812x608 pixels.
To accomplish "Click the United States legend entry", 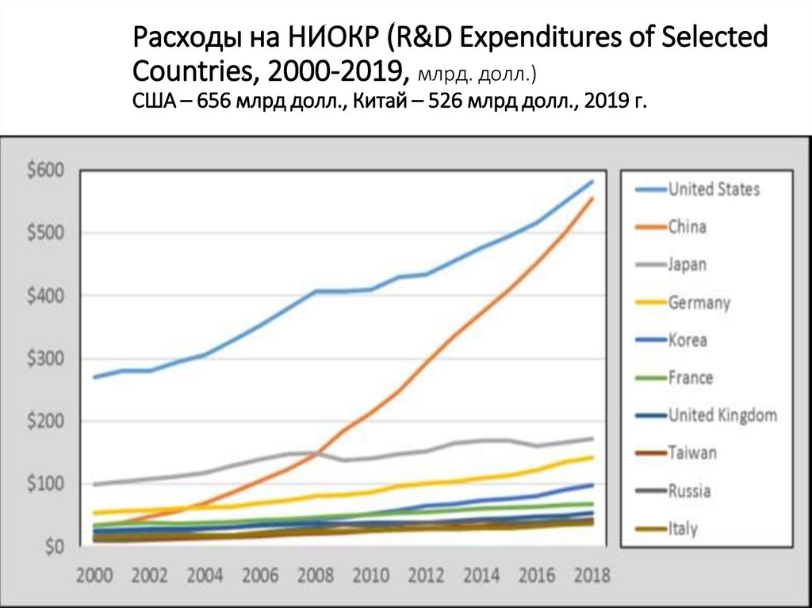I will pyautogui.click(x=714, y=189).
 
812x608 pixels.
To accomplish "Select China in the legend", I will pyautogui.click(x=687, y=228).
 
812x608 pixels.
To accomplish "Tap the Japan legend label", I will pyautogui.click(x=687, y=265).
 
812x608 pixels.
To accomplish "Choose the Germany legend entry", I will pyautogui.click(x=699, y=303).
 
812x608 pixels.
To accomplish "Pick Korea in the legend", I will pyautogui.click(x=688, y=340).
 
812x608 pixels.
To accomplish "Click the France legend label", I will pyautogui.click(x=690, y=378).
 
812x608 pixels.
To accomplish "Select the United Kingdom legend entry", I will pyautogui.click(x=722, y=415).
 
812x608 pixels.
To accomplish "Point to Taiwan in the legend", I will pyautogui.click(x=692, y=453).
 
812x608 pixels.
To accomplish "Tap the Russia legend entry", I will pyautogui.click(x=689, y=491).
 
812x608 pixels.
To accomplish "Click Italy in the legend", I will pyautogui.click(x=683, y=529).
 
